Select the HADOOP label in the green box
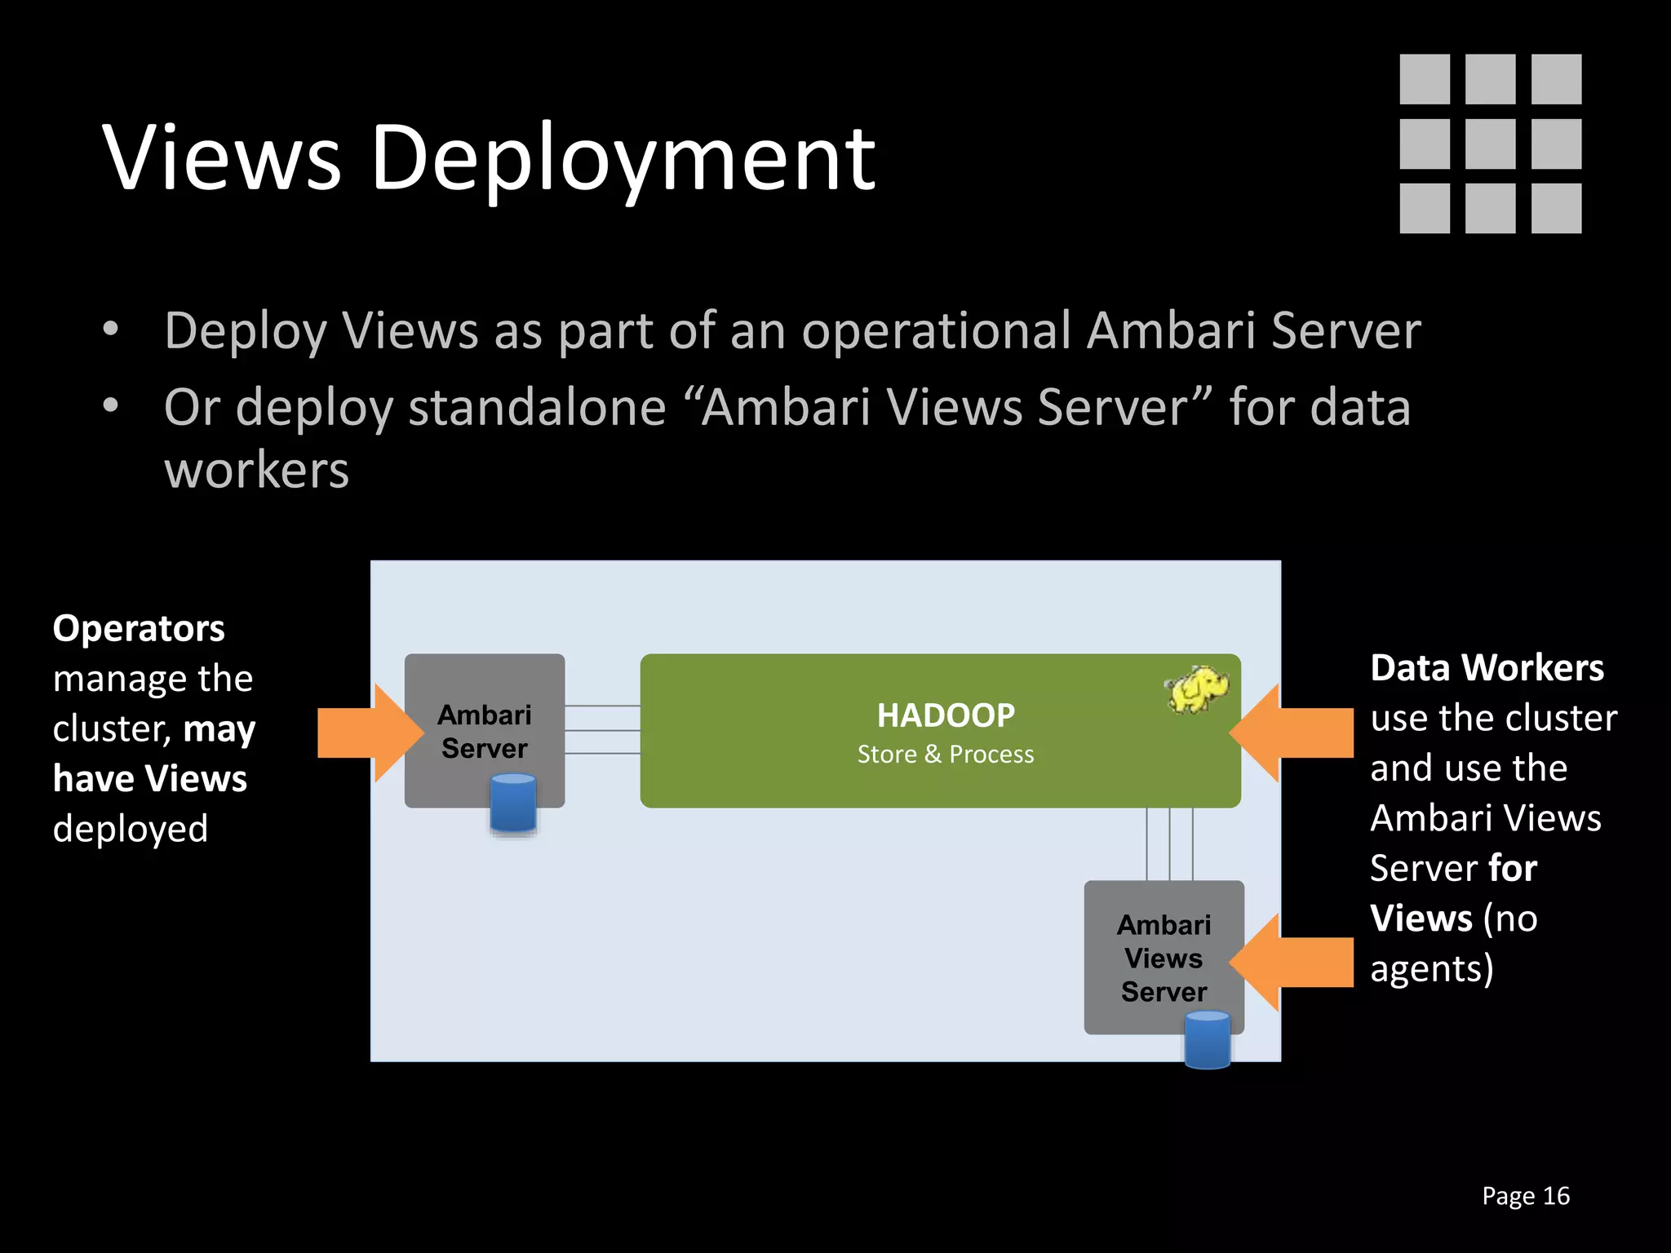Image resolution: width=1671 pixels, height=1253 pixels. [946, 715]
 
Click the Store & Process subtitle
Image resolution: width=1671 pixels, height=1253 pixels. [946, 755]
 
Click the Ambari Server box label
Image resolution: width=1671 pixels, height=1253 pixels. [485, 732]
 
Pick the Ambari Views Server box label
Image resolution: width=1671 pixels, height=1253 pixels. [1163, 958]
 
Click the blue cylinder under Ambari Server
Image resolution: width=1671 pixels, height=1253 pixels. [513, 804]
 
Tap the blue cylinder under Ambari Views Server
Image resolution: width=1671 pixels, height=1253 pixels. [1207, 1039]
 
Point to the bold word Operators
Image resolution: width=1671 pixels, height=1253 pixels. [139, 628]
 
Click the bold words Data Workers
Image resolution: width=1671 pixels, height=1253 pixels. [1487, 667]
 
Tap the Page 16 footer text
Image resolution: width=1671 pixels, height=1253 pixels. [1525, 1196]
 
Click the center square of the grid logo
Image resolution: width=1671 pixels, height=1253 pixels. [1490, 144]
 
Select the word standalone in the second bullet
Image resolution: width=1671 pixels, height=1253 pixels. [537, 407]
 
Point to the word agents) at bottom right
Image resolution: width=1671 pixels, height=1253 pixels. [1431, 969]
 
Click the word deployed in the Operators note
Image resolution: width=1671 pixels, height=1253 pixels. [131, 829]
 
